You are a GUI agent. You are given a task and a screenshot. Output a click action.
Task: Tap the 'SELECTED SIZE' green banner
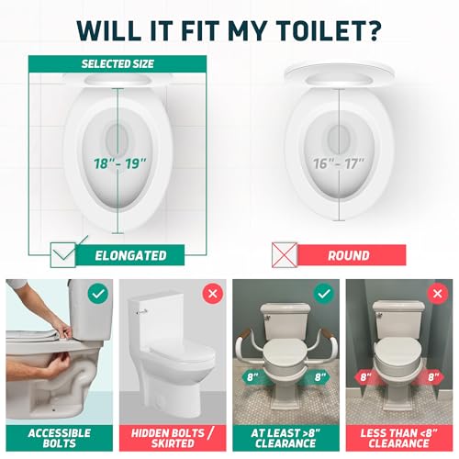(118, 64)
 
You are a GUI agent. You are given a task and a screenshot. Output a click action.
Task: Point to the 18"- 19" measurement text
(118, 163)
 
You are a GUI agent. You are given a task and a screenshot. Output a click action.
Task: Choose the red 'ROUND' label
(349, 255)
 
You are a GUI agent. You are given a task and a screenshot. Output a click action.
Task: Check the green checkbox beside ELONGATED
(62, 255)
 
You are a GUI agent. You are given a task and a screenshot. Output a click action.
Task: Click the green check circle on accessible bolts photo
(95, 293)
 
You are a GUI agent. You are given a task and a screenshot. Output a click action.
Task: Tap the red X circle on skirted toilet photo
(210, 293)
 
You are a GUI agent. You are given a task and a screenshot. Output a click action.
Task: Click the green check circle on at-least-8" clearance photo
(323, 293)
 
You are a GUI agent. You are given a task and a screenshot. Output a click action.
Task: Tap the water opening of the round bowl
(339, 140)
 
